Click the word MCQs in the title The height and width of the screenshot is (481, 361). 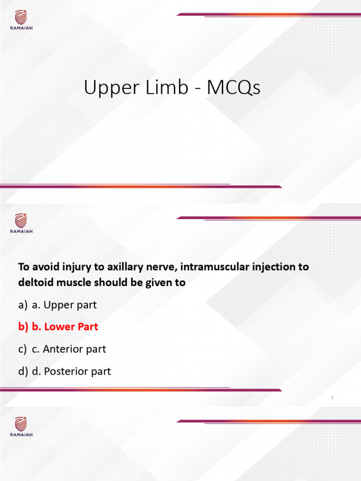coord(233,88)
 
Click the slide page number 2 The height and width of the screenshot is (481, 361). coord(332,398)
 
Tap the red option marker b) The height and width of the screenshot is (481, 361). coord(24,326)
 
